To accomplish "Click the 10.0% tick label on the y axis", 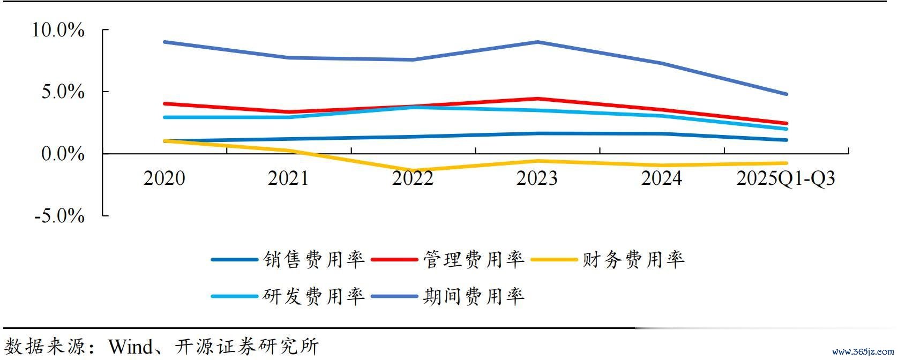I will tap(58, 30).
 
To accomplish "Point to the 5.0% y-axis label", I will tap(63, 92).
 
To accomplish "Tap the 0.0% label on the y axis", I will tap(63, 154).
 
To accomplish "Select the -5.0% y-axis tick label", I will tap(59, 216).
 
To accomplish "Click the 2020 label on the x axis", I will tap(164, 178).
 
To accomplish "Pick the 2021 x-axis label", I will tap(288, 178).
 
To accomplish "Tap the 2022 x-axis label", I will tap(413, 178).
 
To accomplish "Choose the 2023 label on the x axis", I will tap(537, 178).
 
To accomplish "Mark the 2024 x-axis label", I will tap(661, 178).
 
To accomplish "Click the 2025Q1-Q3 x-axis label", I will tap(785, 178).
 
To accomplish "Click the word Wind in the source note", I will tap(130, 346).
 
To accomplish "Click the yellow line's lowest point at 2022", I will tap(414, 171).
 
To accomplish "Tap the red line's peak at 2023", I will tap(537, 99).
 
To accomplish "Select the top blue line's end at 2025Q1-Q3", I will tap(786, 94).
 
